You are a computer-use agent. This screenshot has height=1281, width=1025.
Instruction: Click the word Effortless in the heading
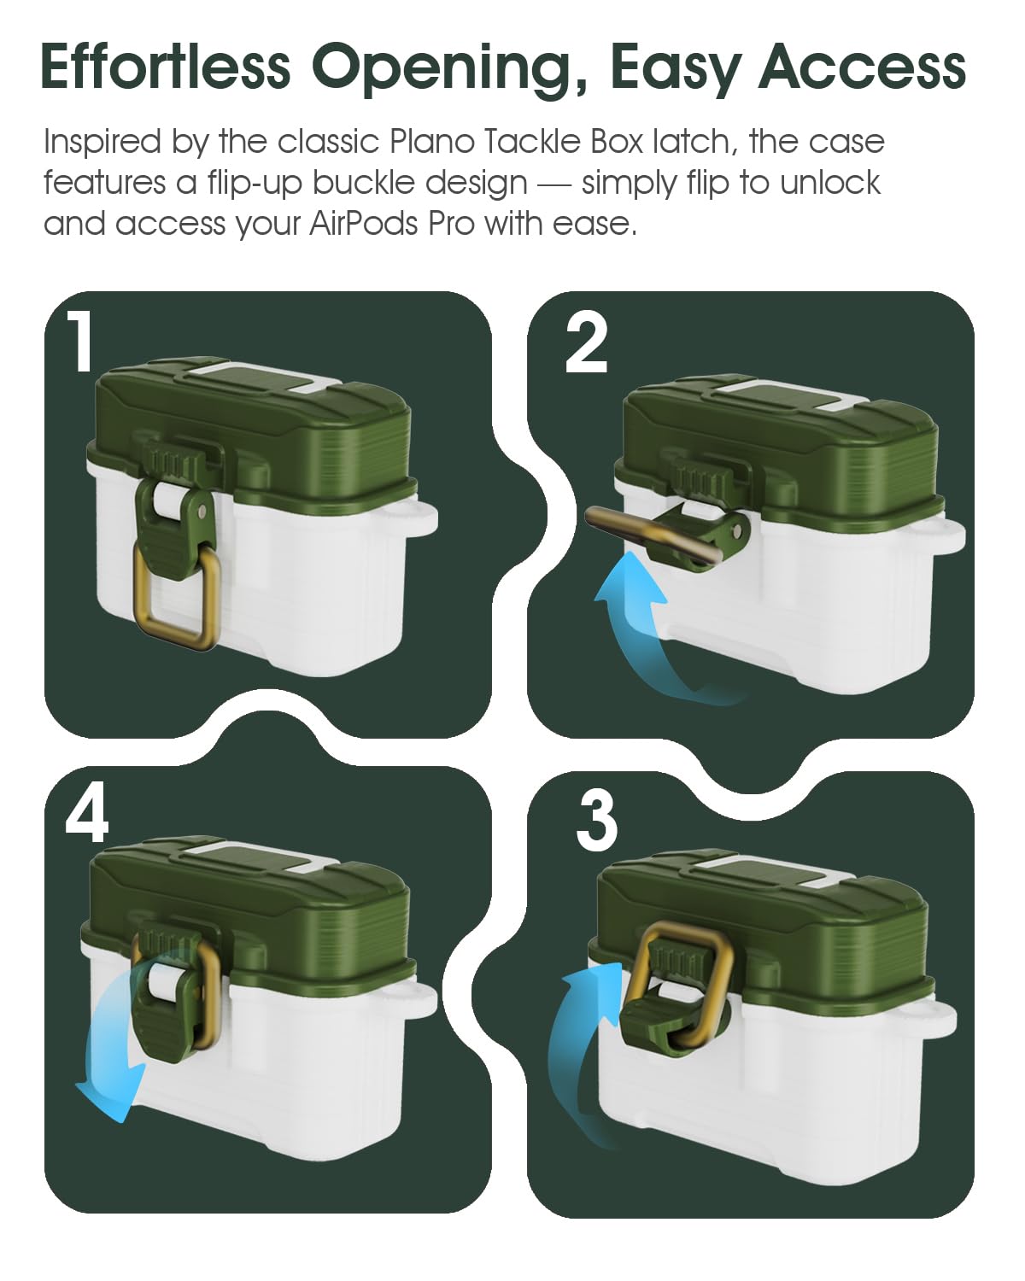166,66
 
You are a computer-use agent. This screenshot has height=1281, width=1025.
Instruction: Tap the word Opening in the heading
451,70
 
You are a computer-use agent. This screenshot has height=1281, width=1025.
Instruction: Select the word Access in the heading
862,67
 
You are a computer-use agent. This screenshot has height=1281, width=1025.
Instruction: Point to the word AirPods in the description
363,224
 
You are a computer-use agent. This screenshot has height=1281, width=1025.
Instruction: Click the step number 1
79,341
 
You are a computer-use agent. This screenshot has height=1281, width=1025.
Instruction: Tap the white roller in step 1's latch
168,500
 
